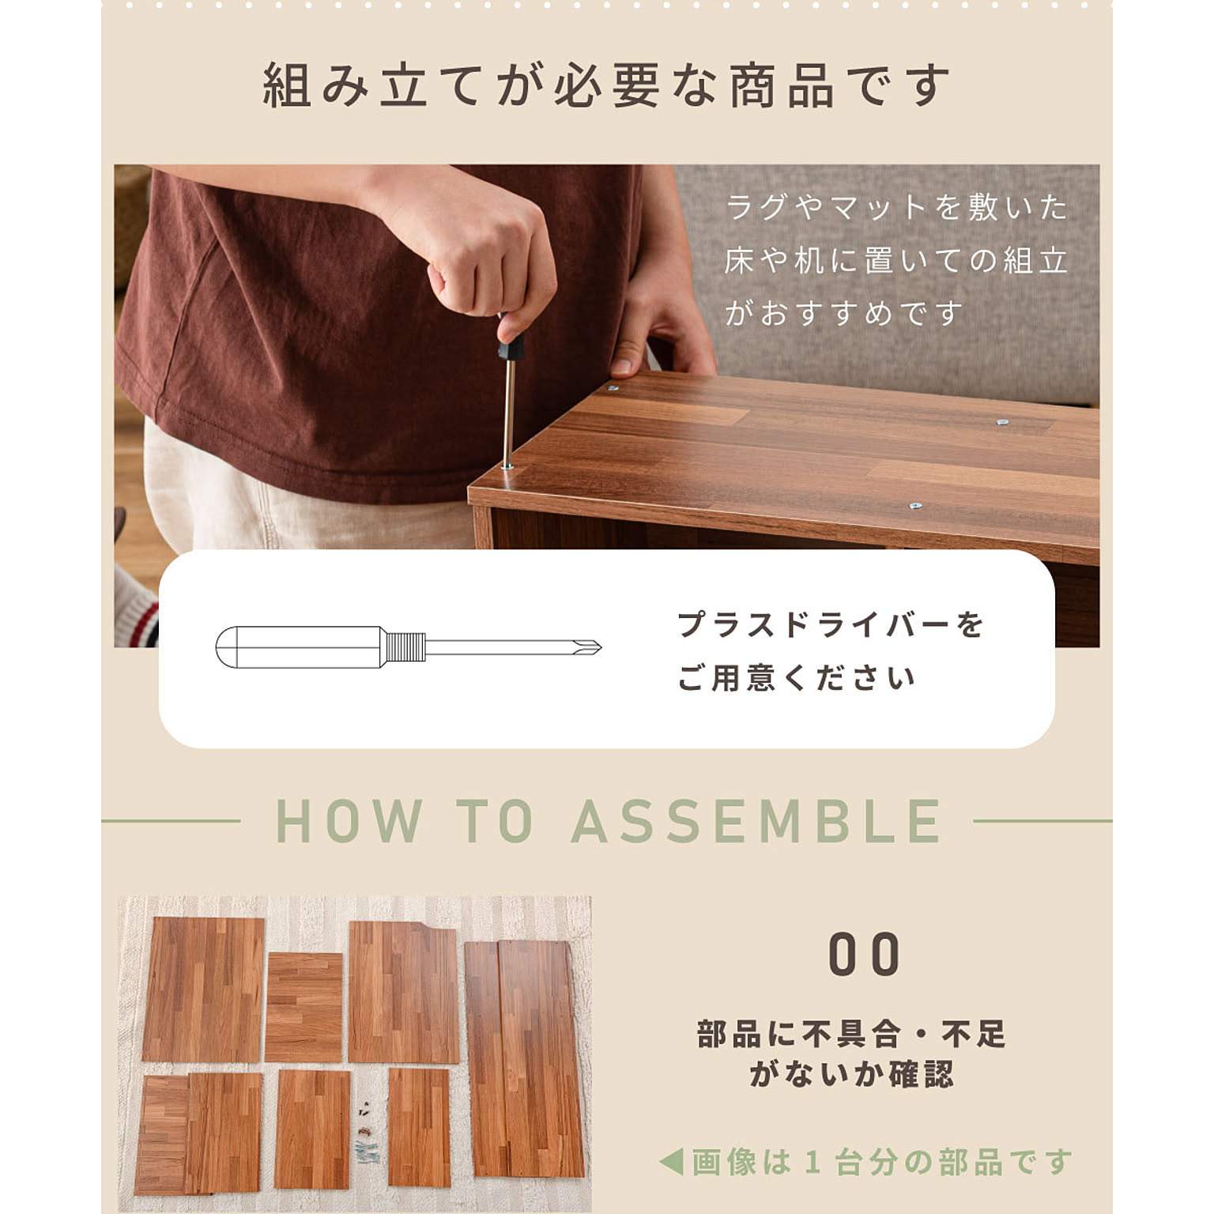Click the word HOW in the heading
349,821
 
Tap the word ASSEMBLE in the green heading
756,821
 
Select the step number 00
863,954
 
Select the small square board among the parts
303,1007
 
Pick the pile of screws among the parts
367,1133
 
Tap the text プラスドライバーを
831,624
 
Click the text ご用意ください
796,678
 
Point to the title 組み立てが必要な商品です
606,85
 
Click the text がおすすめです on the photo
843,314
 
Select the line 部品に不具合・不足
850,1034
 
